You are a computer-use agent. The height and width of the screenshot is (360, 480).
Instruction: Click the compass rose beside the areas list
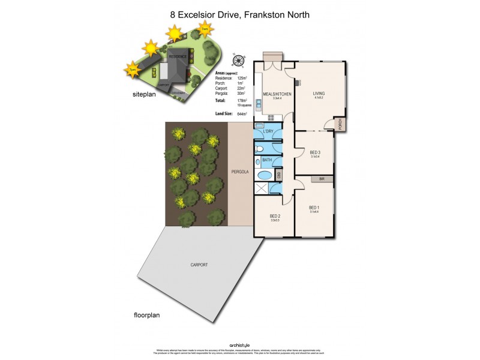(239, 60)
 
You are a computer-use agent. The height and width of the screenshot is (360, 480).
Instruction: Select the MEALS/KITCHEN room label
(277, 94)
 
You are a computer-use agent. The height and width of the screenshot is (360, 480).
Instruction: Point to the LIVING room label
(319, 94)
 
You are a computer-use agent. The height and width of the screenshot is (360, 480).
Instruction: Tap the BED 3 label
(315, 152)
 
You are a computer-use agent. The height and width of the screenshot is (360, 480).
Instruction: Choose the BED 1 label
(314, 208)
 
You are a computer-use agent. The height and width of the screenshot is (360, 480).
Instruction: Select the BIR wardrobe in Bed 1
(322, 179)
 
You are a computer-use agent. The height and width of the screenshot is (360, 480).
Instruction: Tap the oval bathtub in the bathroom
(264, 176)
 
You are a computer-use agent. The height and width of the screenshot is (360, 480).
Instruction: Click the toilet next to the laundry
(259, 149)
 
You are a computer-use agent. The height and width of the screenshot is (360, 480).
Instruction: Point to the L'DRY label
(267, 131)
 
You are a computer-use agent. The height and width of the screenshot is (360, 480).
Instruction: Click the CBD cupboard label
(279, 175)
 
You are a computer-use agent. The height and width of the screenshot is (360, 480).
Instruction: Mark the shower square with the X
(261, 189)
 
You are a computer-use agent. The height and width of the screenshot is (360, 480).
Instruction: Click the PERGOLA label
(240, 172)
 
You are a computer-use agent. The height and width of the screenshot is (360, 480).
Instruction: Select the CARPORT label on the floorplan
(199, 265)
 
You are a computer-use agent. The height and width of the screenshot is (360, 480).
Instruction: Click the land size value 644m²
(242, 113)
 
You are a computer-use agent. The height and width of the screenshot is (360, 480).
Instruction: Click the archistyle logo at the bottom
(240, 345)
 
